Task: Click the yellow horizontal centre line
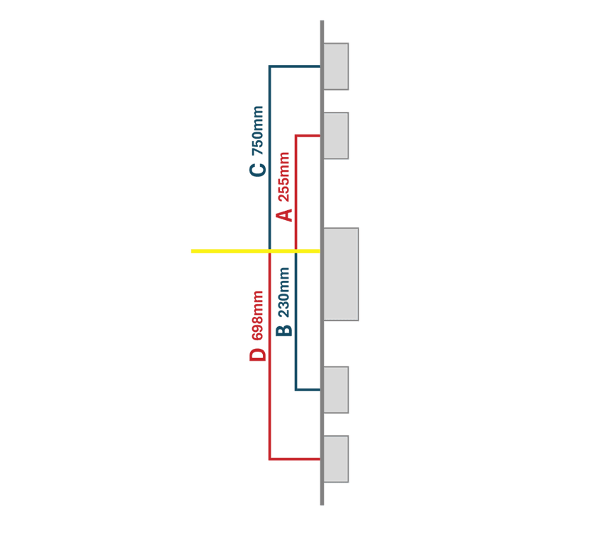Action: point(255,251)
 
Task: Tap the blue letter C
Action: point(257,171)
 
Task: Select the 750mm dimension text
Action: point(257,130)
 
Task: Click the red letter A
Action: point(285,215)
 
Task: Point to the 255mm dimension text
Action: point(284,177)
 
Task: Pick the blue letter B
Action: point(284,331)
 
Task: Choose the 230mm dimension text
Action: point(284,292)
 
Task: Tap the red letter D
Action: point(258,354)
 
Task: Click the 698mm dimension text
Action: point(257,316)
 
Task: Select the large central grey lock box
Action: point(341,274)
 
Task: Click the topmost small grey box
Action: point(336,67)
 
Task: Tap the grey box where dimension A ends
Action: point(336,136)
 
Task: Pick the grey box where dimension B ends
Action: point(336,390)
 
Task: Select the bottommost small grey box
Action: point(336,458)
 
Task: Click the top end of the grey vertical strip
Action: point(322,21)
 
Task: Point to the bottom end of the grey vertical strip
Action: point(322,504)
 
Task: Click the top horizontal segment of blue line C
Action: point(295,67)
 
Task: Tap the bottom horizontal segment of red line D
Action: point(295,458)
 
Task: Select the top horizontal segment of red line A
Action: point(308,136)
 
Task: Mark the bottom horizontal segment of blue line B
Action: point(308,390)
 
